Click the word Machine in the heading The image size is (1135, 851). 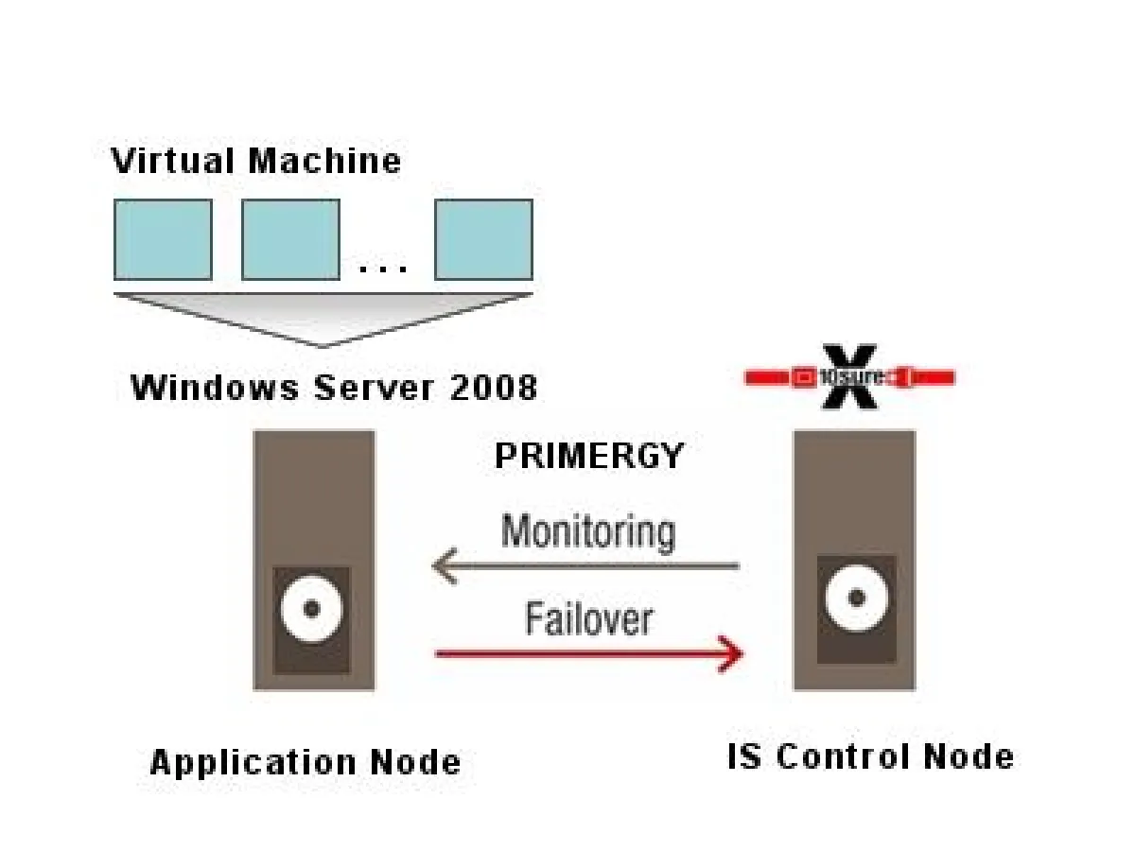[324, 161]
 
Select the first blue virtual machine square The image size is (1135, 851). [163, 239]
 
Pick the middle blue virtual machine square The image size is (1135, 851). [290, 239]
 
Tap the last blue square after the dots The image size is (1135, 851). [483, 239]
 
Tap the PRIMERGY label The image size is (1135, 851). [588, 457]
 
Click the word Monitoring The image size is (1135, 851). [587, 531]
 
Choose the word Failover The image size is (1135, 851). [588, 620]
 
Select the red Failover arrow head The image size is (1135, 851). [733, 652]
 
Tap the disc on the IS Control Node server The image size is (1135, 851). [856, 598]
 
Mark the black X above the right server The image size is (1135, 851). [848, 377]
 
